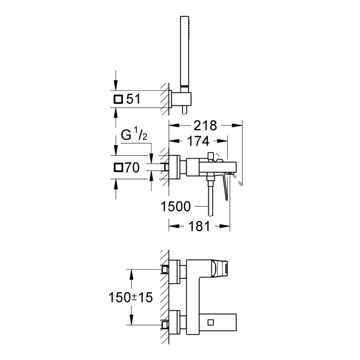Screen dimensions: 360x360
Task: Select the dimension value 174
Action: coord(197,141)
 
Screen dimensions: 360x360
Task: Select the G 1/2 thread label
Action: coord(132,136)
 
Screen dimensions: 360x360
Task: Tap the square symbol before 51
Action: coord(118,99)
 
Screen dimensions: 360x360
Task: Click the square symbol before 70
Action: coord(118,168)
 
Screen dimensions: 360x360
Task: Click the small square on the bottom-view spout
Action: coord(212,321)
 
